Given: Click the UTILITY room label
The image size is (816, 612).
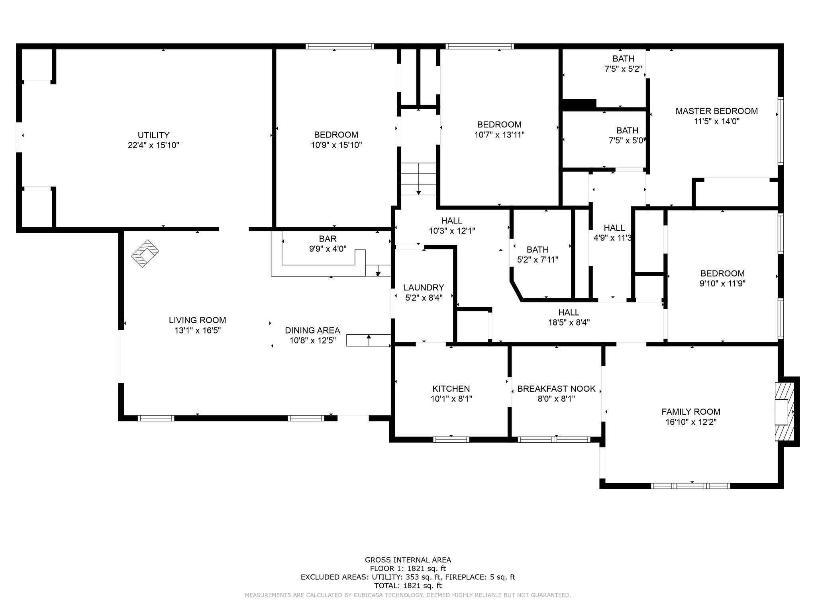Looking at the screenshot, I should coord(153,135).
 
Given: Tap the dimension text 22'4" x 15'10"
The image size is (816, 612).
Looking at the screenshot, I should coord(153,145).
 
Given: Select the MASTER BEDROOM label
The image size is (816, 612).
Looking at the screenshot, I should coord(716,111).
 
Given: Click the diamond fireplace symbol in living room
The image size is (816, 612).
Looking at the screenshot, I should coord(145,253).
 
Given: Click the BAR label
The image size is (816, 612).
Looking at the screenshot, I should coord(328,239).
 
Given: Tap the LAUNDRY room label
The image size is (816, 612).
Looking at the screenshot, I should coord(424,288).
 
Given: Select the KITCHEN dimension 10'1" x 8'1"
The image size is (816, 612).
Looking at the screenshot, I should coord(451,399).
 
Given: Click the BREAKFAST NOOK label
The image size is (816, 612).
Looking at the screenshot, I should coord(556,388).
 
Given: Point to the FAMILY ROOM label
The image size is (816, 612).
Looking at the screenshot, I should coord(691,412).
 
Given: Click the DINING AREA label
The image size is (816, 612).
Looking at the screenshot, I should coord(312,330).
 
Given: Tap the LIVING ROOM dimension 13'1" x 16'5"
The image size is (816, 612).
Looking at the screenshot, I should coord(197,330).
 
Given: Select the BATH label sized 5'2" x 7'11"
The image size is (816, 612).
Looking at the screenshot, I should coord(537,250).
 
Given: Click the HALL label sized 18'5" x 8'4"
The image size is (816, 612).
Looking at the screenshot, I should coord(569,312).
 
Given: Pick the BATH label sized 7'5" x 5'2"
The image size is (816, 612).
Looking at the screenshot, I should coord(624,59).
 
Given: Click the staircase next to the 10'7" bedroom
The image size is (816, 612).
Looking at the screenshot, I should coord(418,179).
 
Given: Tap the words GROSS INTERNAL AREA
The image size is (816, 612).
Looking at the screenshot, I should coord(408,560).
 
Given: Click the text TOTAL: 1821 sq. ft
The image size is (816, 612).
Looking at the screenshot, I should coord(408,586).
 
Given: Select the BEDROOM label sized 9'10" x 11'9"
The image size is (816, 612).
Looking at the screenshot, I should coord(722,273).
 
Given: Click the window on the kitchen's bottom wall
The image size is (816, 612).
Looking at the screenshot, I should coord(451,439).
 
